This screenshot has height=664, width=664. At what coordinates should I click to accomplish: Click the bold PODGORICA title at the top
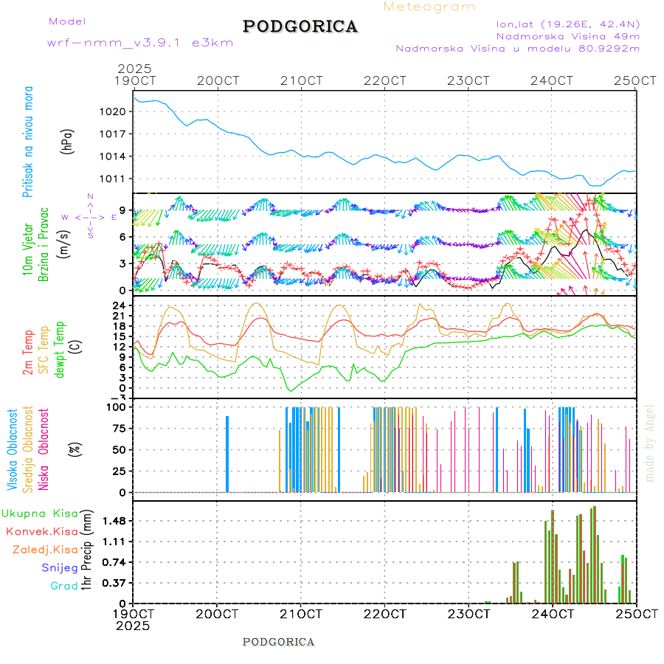(300, 27)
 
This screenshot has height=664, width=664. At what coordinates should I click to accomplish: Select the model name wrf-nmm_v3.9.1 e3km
(140, 43)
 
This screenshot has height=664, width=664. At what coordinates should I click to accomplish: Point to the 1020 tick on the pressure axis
(117, 111)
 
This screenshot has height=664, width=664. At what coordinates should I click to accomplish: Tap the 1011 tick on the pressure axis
(117, 179)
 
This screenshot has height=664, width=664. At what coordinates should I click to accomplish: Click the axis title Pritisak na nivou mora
(28, 142)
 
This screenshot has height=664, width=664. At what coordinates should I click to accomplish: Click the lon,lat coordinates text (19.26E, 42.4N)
(567, 23)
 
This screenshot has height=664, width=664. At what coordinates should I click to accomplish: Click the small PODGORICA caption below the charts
(278, 642)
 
